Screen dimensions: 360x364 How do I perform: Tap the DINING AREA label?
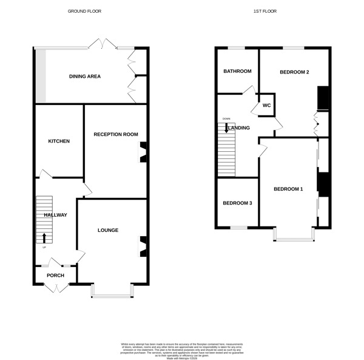pos(85,76)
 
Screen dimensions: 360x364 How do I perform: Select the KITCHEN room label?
pos(59,141)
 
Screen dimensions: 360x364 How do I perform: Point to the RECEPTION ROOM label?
pos(116,134)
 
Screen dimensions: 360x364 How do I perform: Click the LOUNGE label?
pos(108,230)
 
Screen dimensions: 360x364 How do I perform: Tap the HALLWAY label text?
pos(55,215)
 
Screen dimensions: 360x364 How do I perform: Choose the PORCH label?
pos(55,275)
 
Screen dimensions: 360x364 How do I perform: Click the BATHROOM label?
pos(237,72)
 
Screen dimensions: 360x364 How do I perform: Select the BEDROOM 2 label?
pos(294,72)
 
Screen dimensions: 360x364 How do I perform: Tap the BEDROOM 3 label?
pos(237,203)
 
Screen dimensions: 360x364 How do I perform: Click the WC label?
pos(266,105)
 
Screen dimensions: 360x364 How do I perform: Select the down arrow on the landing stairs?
pos(226,127)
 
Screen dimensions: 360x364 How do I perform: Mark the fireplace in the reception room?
pos(143,152)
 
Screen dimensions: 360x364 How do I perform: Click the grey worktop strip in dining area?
pos(41,76)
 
